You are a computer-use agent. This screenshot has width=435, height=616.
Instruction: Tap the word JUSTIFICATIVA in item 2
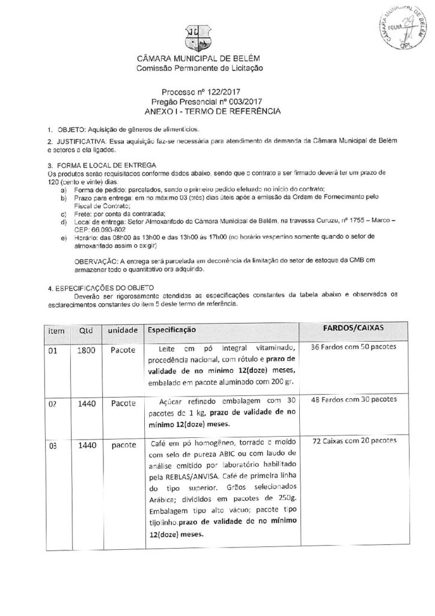pos(77,141)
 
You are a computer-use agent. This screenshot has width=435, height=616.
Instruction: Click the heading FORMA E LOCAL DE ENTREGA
pos(105,165)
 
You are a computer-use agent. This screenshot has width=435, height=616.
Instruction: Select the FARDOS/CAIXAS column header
pos(354,328)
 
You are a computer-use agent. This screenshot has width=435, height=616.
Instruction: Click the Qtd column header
pos(84,330)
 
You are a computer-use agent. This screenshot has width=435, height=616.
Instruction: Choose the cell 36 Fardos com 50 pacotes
pos(354,348)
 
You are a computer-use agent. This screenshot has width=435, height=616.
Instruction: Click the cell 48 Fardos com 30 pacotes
pos(354,399)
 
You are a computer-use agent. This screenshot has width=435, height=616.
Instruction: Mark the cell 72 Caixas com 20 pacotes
pos(354,442)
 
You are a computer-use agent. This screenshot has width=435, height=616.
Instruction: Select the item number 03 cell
pos(54,446)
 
